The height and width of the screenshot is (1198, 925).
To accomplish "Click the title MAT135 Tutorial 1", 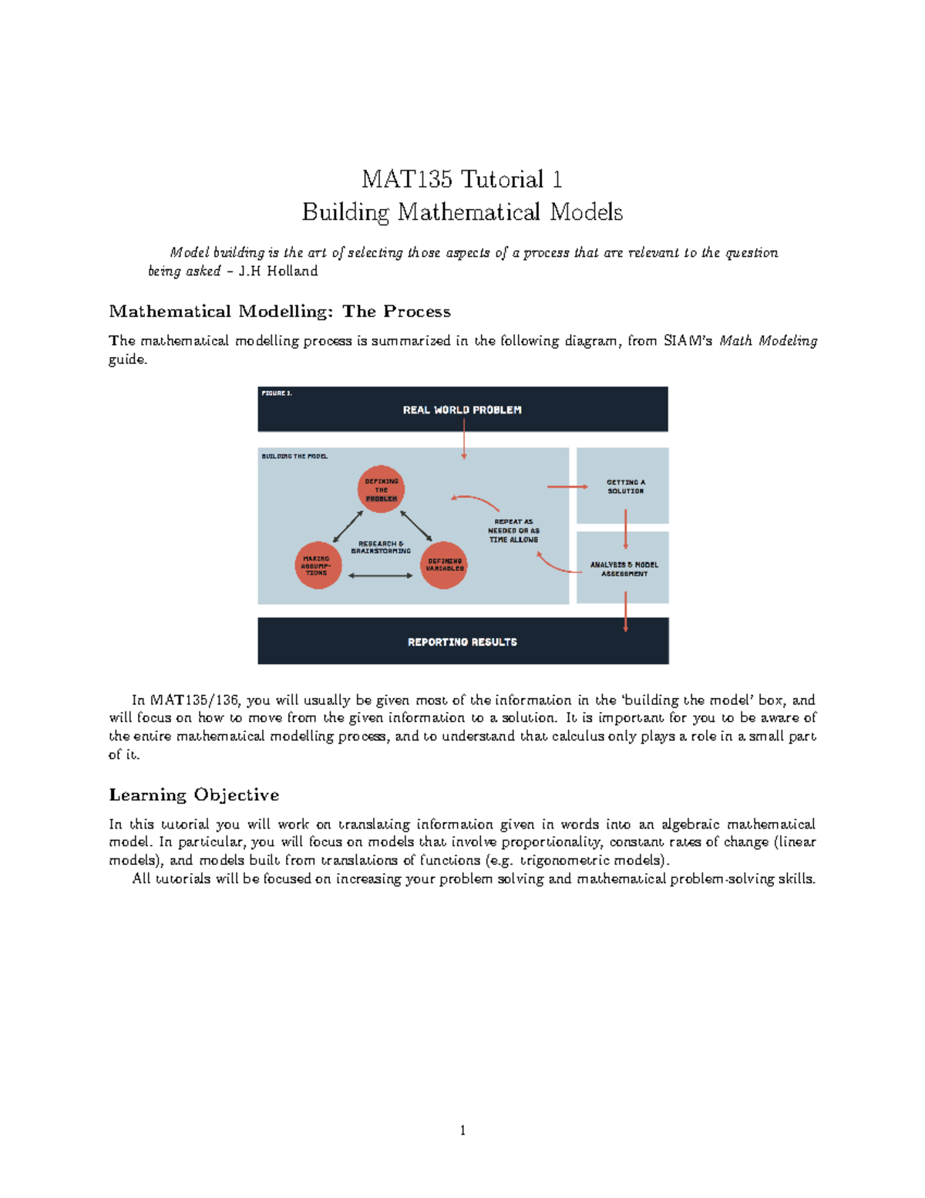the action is (x=462, y=180).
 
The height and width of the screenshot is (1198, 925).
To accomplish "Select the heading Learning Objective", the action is (x=194, y=795).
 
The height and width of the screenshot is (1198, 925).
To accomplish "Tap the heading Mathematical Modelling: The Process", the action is (x=280, y=312).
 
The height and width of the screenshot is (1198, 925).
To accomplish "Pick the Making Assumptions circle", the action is (x=318, y=566).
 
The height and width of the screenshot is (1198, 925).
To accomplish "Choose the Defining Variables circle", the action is (x=444, y=565).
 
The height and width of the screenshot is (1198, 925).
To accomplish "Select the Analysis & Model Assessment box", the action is (x=623, y=569).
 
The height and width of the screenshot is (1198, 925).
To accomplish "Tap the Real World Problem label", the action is (x=462, y=410).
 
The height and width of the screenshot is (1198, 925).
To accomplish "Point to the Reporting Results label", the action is (x=462, y=642).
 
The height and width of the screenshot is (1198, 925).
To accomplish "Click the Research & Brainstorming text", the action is (x=381, y=547).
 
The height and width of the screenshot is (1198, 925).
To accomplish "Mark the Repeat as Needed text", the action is (x=513, y=531).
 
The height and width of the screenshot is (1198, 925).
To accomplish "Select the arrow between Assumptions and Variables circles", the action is (x=381, y=575).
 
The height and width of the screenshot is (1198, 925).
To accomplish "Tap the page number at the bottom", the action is (x=462, y=1131).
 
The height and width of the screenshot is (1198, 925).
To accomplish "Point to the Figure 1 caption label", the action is (x=277, y=393).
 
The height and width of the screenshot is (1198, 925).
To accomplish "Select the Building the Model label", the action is (x=294, y=457).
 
